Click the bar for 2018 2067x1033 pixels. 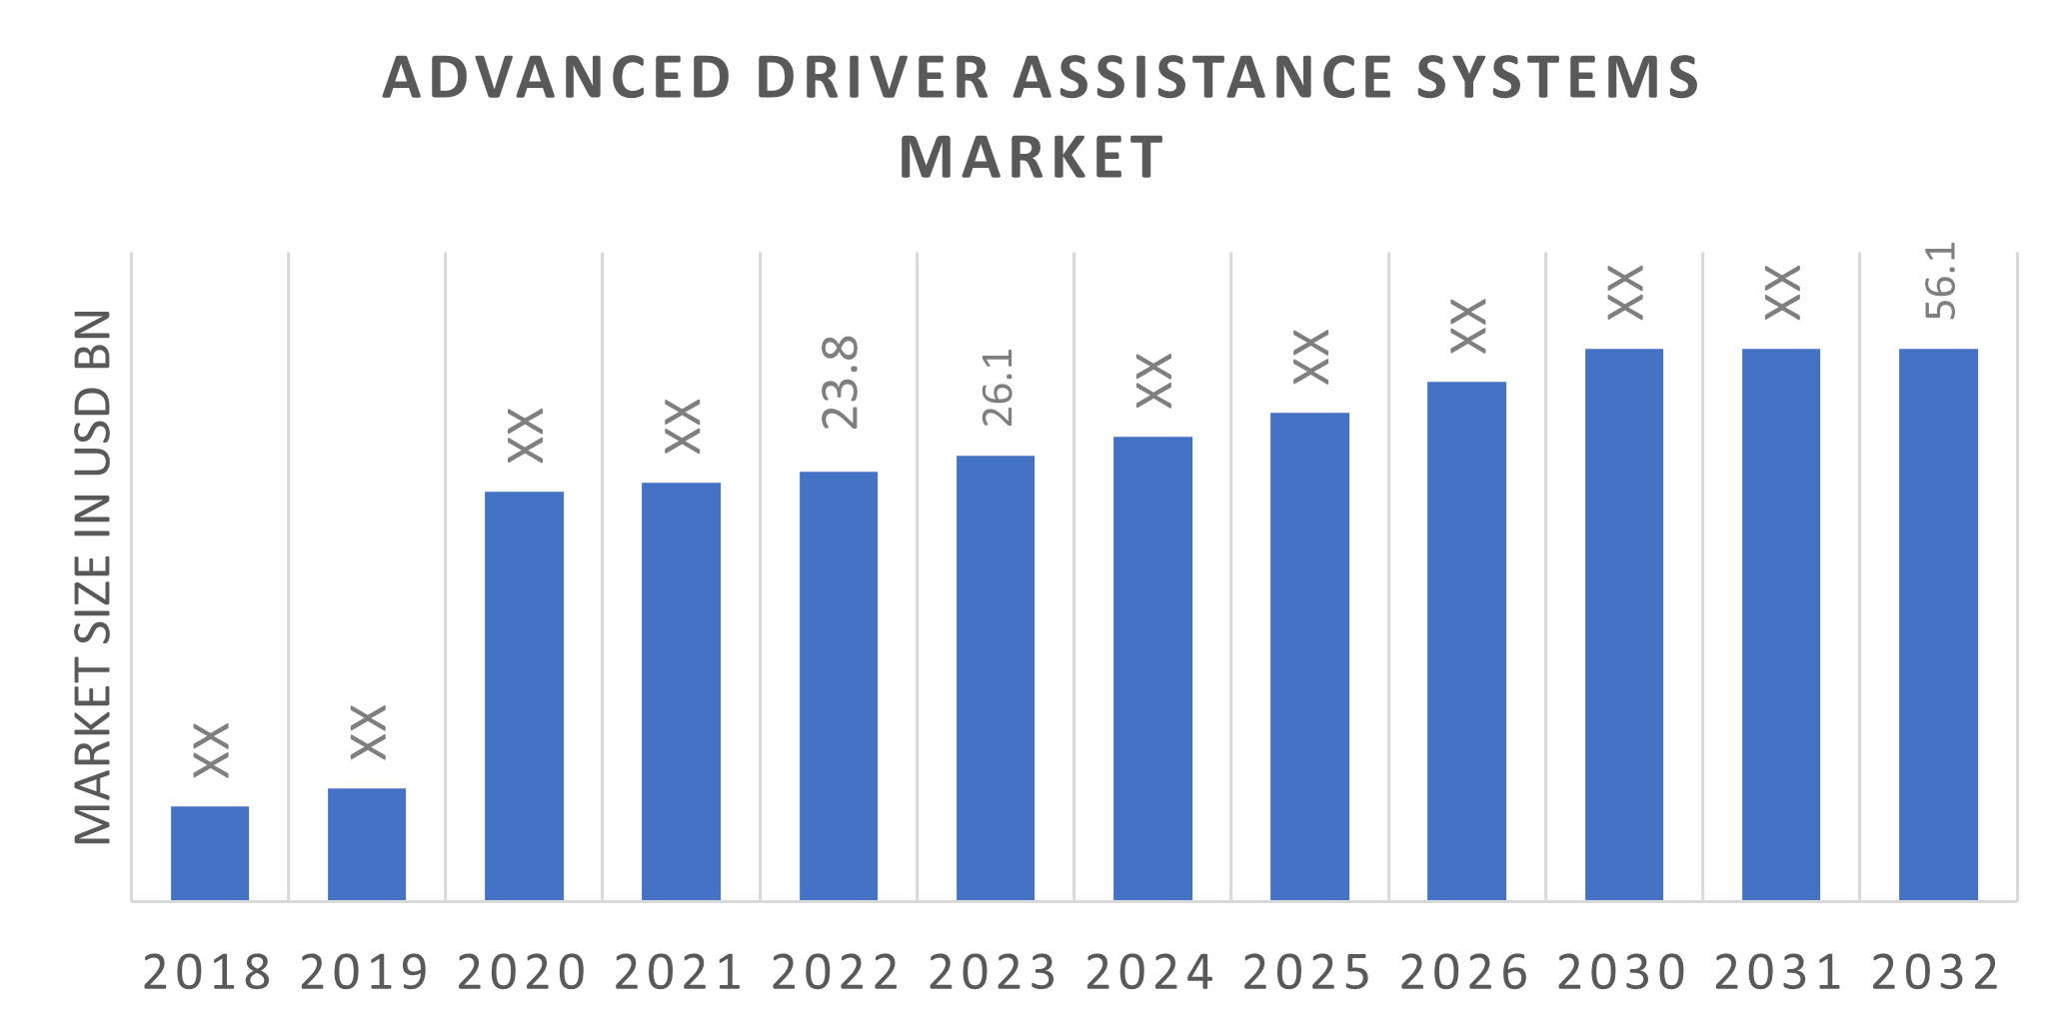pyautogui.click(x=210, y=853)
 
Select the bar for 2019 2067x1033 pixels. pyautogui.click(x=367, y=844)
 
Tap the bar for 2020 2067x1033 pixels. pyautogui.click(x=524, y=696)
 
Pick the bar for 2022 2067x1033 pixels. pyautogui.click(x=839, y=686)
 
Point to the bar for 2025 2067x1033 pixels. pyautogui.click(x=1309, y=656)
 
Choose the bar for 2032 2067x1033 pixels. pyautogui.click(x=1938, y=624)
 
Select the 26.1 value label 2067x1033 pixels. pyautogui.click(x=998, y=388)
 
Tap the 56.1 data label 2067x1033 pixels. pyautogui.click(x=1940, y=282)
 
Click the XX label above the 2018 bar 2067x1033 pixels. pyautogui.click(x=211, y=749)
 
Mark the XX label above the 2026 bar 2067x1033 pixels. pyautogui.click(x=1468, y=326)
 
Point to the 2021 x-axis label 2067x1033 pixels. pyautogui.click(x=679, y=972)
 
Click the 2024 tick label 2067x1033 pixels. pyautogui.click(x=1149, y=972)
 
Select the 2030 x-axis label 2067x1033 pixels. pyautogui.click(x=1621, y=972)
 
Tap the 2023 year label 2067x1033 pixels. pyautogui.click(x=993, y=972)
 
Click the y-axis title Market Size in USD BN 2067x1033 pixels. pyautogui.click(x=94, y=577)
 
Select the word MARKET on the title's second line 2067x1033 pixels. pyautogui.click(x=1033, y=157)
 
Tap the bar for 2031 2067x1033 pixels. pyautogui.click(x=1781, y=624)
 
